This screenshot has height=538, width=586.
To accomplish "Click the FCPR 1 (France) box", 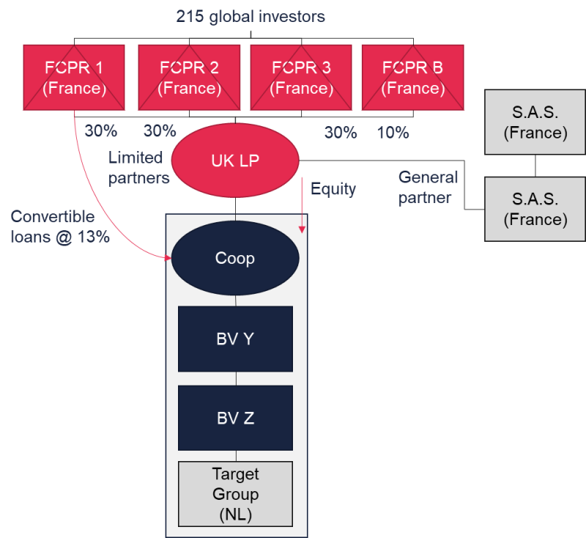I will pos(74,78).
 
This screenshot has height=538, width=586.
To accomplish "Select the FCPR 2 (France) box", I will pos(189,78).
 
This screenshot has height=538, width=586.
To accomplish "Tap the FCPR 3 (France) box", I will pos(301,78).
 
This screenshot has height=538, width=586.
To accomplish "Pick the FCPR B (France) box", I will pos(412,78).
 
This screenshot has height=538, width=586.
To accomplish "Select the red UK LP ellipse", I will pos(235,161).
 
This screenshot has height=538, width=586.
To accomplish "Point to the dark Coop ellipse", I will pos(235,259).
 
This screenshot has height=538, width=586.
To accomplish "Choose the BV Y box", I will pos(235,339).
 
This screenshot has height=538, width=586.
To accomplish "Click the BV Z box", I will pos(235,419).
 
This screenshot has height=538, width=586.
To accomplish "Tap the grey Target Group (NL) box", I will pos(235,494).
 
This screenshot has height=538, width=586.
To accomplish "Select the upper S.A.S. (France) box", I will pos(535,123).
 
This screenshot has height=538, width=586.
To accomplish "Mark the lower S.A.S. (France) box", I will pos(535,210).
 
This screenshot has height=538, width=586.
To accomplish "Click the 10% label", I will pos(393,133).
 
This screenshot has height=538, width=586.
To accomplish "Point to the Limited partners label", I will pos(139,168).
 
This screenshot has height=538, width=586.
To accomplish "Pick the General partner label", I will pos(428,187).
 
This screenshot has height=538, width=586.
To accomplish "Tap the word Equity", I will pos(333,189).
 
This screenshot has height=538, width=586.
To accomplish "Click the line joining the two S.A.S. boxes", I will pos(535,166).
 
